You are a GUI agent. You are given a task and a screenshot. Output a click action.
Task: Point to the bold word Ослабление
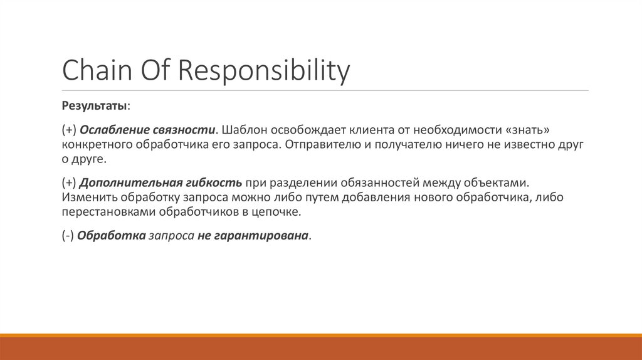pyautogui.click(x=114, y=130)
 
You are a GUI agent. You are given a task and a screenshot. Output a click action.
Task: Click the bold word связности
pyautogui.click(x=184, y=130)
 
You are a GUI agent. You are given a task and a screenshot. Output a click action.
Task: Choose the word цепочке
pyautogui.click(x=278, y=212)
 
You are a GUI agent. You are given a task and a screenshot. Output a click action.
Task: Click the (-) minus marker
pyautogui.click(x=68, y=236)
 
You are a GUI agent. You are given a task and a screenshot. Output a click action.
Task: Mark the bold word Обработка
pyautogui.click(x=110, y=236)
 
